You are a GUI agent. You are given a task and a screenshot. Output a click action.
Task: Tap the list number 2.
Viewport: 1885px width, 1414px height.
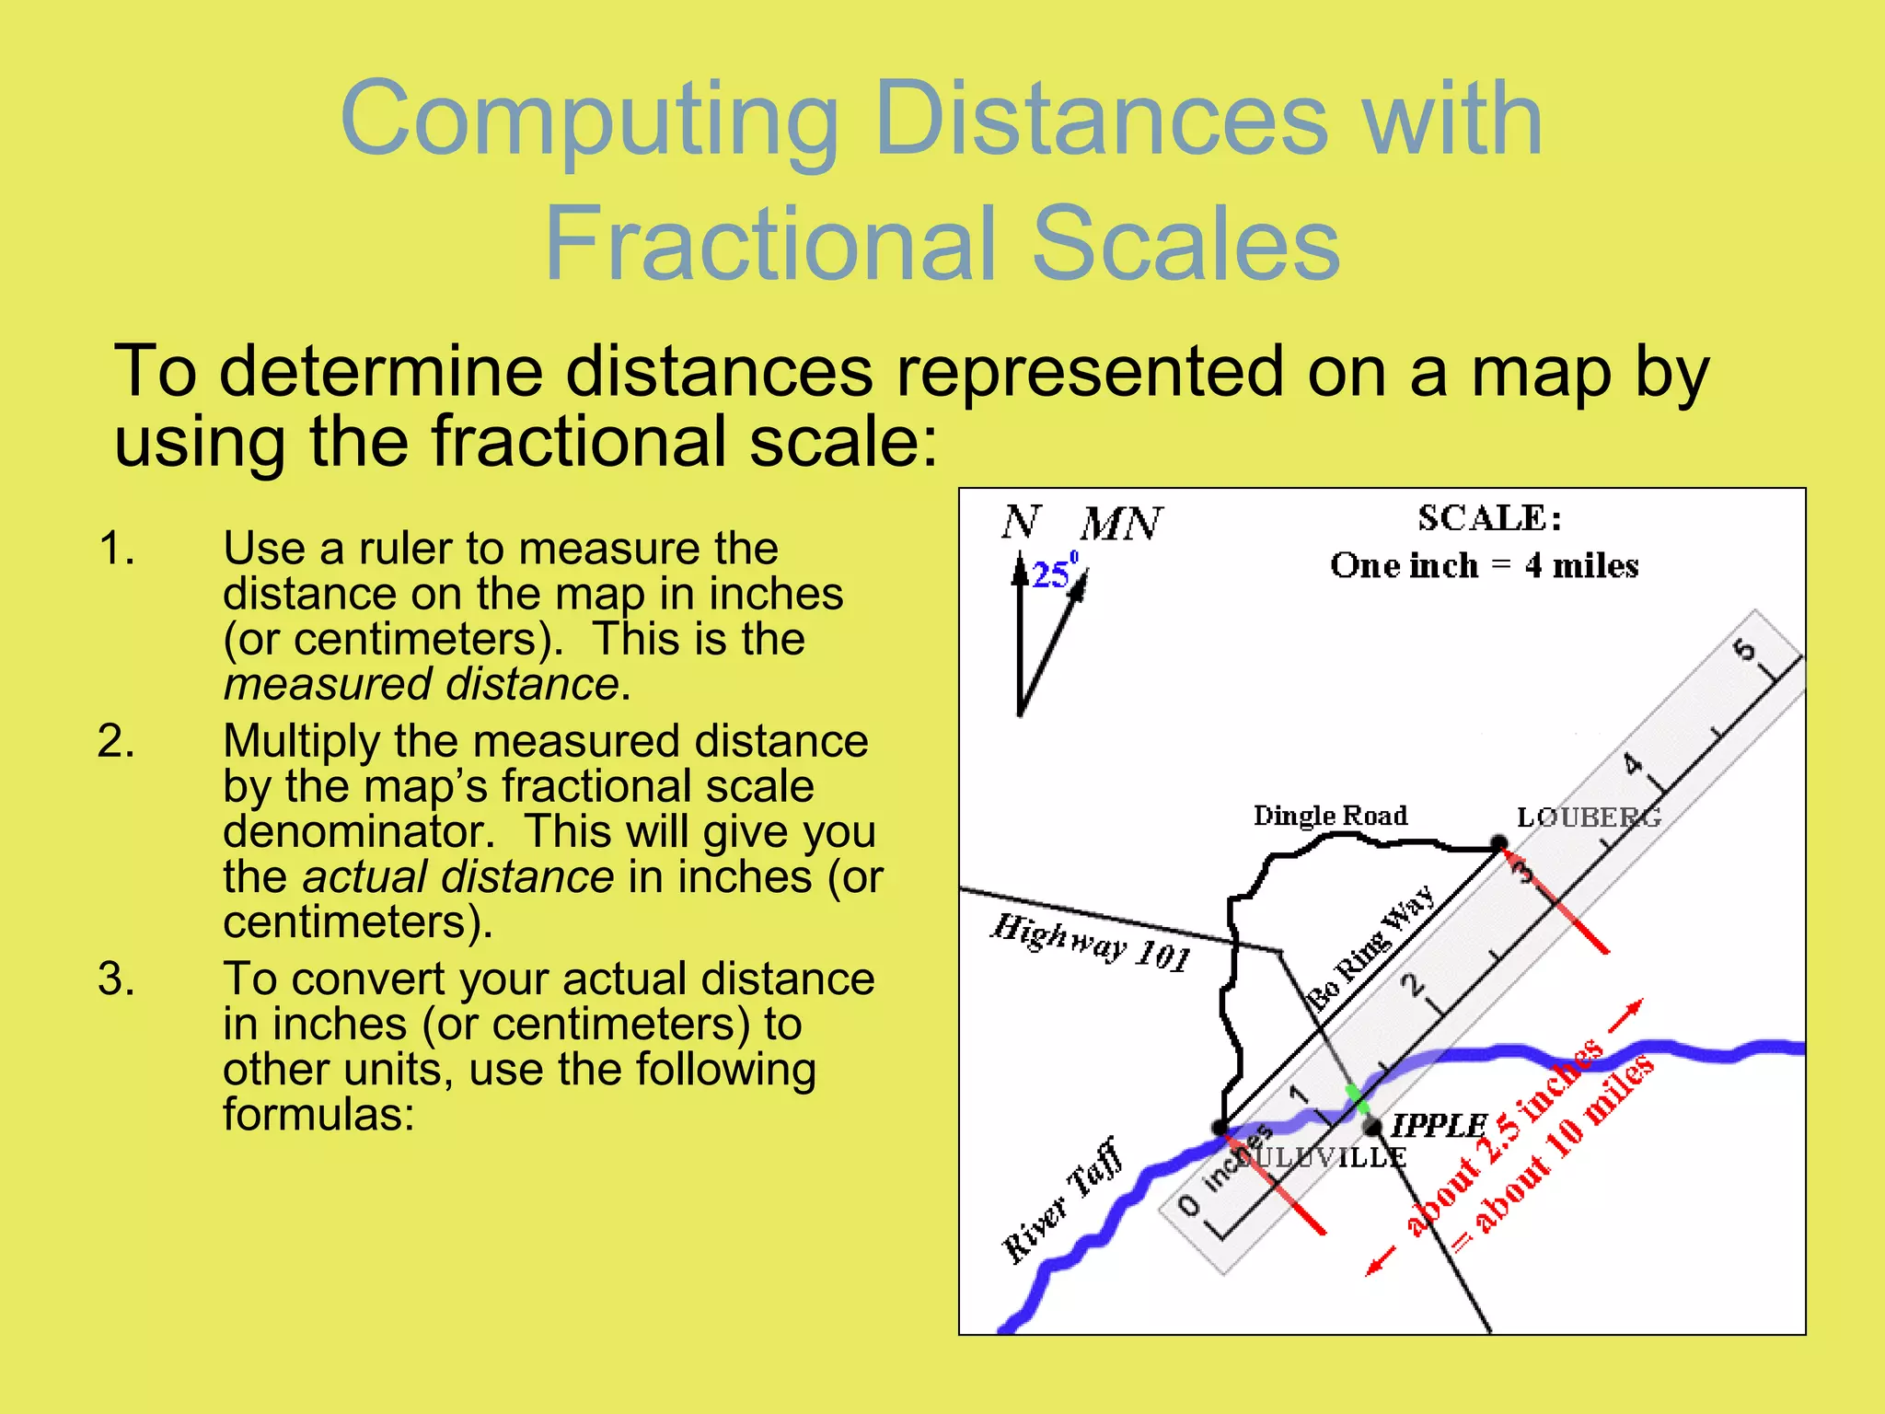coord(116,741)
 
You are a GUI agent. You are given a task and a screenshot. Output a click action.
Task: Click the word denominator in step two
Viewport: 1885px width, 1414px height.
coord(359,831)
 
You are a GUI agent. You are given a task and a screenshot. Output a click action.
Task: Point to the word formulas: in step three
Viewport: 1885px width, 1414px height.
coord(318,1115)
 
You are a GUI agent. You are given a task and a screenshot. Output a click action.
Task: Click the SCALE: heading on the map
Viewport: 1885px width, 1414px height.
coord(1489,518)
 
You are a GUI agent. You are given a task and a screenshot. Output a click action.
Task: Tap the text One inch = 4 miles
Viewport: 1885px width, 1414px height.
coord(1484,565)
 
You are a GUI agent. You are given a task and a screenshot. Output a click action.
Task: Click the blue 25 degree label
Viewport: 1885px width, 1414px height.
coord(1052,574)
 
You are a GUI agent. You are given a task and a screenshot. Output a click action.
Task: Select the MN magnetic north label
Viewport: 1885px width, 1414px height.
coord(1121,524)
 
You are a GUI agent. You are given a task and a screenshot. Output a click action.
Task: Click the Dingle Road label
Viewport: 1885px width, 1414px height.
coord(1330,816)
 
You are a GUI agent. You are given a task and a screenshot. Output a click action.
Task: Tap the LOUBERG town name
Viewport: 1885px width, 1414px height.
coord(1588,817)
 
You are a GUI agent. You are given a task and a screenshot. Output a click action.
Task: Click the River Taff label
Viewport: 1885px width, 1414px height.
coord(1063,1201)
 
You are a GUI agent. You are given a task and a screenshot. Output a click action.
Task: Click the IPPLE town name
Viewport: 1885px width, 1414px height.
coord(1439,1125)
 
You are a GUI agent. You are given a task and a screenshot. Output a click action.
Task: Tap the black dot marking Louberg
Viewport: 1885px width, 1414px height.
coord(1498,842)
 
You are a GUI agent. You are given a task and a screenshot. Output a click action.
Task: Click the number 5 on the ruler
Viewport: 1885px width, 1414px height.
coord(1743,651)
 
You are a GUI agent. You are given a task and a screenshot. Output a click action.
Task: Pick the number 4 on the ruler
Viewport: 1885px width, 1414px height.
coord(1632,763)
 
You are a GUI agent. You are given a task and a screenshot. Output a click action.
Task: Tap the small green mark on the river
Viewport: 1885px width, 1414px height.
coord(1357,1098)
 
